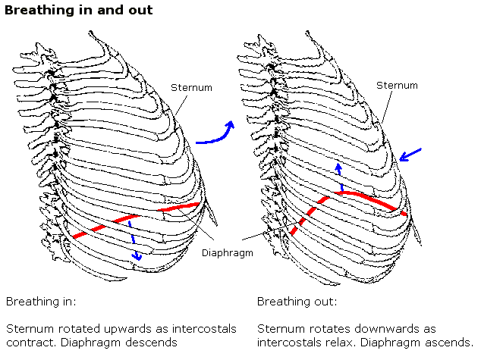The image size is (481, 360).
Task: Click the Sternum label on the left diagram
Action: pos(190,88)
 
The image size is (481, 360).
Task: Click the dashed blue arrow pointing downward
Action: pos(134,240)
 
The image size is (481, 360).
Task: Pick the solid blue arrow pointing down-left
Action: pos(410,156)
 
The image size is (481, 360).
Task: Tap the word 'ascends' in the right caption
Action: pos(450,343)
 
